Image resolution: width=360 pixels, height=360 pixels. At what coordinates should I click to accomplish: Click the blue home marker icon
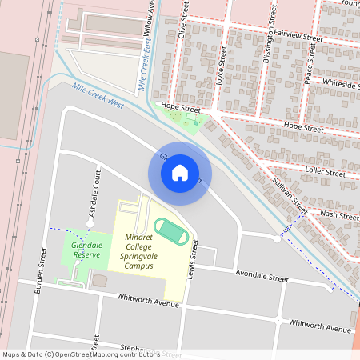(180, 172)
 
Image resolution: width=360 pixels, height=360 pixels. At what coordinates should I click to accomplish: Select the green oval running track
(170, 231)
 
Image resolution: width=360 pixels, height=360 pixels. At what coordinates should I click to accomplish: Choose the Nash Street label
(339, 214)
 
